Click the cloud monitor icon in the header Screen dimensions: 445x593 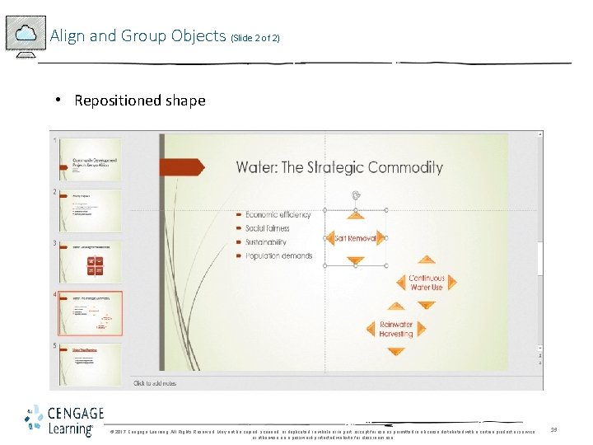26,35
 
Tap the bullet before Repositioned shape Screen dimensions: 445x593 59,100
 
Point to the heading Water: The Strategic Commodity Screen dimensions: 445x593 339,167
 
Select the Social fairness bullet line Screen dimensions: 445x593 273,228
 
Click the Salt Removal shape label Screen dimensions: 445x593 355,238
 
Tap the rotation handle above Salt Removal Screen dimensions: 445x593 355,195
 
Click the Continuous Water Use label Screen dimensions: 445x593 426,283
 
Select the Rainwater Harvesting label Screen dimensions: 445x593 396,330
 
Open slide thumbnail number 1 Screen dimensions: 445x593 90,159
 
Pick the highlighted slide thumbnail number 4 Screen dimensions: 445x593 90,312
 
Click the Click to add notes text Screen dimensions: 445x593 155,383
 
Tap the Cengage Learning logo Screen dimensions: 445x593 63,419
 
